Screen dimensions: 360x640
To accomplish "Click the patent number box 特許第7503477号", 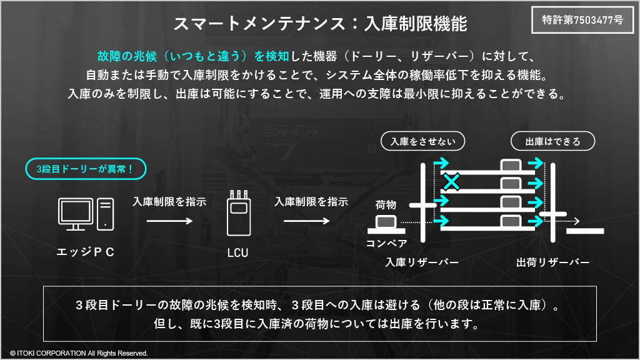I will pyautogui.click(x=582, y=20).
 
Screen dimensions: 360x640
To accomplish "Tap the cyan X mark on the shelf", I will pyautogui.click(x=451, y=182).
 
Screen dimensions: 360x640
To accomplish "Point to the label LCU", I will pyautogui.click(x=237, y=253).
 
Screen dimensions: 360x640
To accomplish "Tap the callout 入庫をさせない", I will pyautogui.click(x=422, y=141).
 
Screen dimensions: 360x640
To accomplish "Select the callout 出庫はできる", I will pyautogui.click(x=552, y=141).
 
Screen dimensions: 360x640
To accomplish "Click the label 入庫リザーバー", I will pyautogui.click(x=422, y=262).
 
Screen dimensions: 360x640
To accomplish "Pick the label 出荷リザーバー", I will pyautogui.click(x=552, y=262).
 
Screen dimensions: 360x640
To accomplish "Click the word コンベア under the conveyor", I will pyautogui.click(x=386, y=243).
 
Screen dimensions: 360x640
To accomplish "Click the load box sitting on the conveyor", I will pyautogui.click(x=386, y=222).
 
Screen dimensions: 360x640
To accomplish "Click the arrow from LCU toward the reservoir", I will pyautogui.click(x=306, y=221).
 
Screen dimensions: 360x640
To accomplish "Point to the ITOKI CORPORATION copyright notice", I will pyautogui.click(x=79, y=353).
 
